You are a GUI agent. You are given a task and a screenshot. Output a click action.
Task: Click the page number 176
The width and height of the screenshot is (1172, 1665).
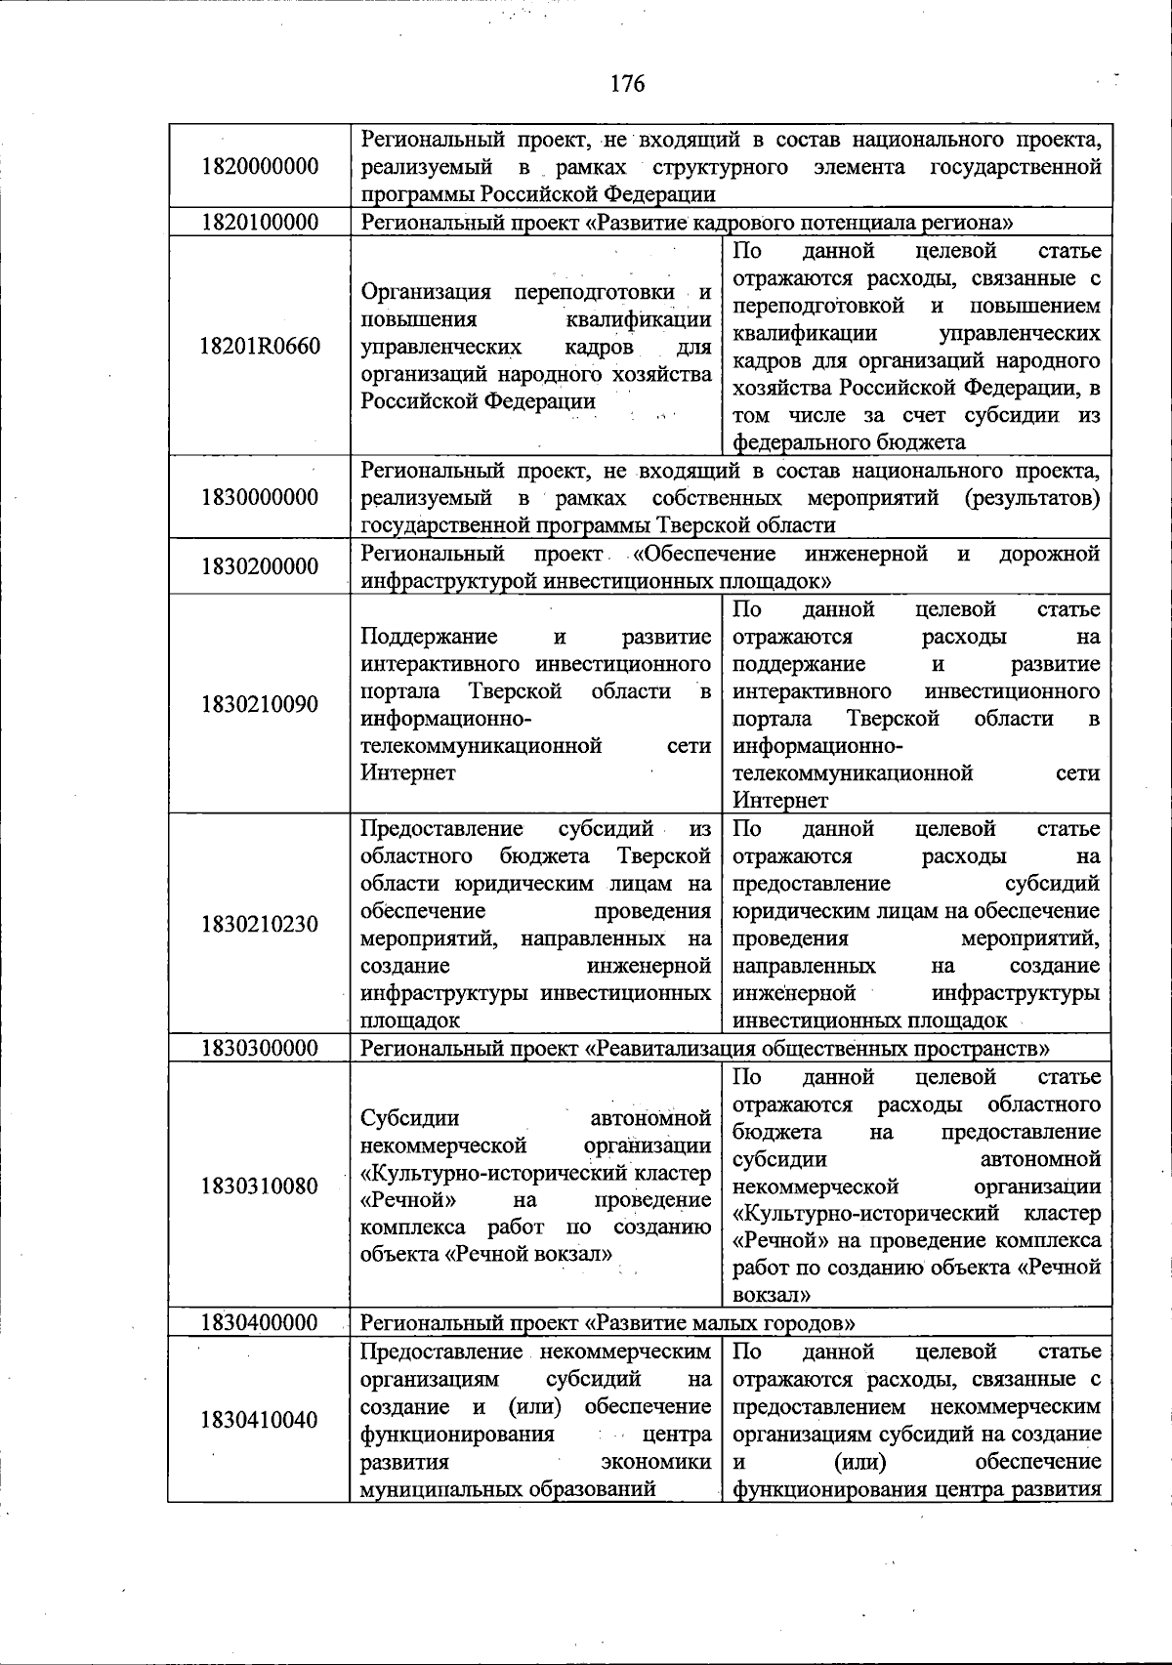coord(627,84)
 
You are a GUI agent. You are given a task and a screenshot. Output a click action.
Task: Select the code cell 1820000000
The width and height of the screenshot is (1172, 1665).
coord(260,166)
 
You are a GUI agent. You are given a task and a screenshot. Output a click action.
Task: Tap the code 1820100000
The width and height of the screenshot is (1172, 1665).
coord(260,223)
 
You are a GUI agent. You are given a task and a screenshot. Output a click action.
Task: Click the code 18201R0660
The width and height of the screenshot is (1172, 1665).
coord(260,346)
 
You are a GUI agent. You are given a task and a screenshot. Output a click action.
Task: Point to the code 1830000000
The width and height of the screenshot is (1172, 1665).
coord(260,497)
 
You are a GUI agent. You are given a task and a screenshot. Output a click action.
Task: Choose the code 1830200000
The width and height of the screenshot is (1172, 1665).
coord(260,566)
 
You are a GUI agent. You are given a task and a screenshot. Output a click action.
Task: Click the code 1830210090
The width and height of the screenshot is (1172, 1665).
coord(260,704)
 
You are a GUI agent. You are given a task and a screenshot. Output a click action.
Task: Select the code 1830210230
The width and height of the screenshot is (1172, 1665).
coord(260,924)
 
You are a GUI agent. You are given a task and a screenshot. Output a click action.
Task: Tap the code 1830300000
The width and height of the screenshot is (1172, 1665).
coord(260,1049)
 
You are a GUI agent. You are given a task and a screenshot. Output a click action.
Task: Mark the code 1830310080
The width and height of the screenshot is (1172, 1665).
coord(260,1186)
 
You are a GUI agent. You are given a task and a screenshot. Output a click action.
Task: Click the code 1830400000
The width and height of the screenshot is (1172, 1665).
coord(260,1323)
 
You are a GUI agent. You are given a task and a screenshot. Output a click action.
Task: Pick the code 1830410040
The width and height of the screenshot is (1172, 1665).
coord(260,1420)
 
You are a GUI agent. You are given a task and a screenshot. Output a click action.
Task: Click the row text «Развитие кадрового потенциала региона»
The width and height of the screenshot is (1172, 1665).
coord(799,223)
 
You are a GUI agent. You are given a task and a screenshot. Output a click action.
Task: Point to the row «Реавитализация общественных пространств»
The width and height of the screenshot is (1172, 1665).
coord(816,1049)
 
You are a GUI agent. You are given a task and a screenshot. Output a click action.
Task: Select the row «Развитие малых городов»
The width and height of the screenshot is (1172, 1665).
coord(720,1323)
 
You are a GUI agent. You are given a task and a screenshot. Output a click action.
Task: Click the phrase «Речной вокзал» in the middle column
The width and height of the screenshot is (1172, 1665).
coord(528,1254)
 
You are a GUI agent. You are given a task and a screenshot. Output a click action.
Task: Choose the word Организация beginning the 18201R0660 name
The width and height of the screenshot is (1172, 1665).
coord(420,292)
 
